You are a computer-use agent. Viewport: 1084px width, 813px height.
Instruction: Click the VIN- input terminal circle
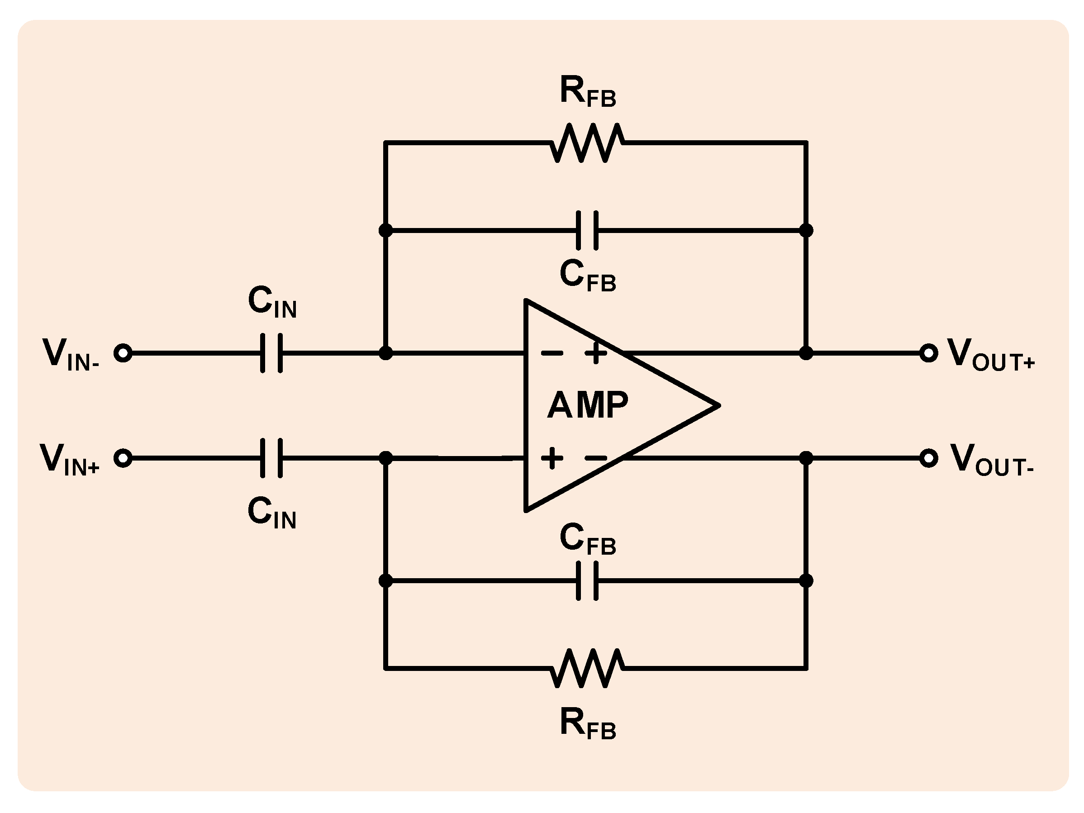(123, 353)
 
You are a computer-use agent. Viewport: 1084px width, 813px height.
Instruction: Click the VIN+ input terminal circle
(123, 458)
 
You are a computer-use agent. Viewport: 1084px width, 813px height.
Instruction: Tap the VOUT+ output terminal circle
(928, 353)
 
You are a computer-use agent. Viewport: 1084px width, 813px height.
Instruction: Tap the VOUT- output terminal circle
(928, 458)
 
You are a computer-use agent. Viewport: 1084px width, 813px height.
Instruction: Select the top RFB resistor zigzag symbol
(587, 143)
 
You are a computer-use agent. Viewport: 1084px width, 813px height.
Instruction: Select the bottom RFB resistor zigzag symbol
(587, 667)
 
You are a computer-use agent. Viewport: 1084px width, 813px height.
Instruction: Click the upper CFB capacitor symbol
(587, 230)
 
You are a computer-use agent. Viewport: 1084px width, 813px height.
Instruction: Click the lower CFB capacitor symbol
(587, 581)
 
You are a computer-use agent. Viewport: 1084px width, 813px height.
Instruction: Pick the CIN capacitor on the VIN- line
(271, 353)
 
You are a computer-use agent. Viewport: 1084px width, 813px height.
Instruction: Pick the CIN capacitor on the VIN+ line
(271, 458)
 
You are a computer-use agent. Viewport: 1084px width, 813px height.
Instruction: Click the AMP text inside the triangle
(587, 406)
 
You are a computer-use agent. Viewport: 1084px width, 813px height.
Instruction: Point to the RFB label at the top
(587, 92)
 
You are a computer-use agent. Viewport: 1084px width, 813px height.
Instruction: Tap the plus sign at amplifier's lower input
(552, 458)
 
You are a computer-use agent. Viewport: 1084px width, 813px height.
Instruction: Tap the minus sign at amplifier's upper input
(552, 353)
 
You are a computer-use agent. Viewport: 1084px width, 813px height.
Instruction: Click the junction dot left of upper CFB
(385, 230)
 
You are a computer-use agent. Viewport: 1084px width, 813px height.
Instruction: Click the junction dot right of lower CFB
(806, 581)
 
